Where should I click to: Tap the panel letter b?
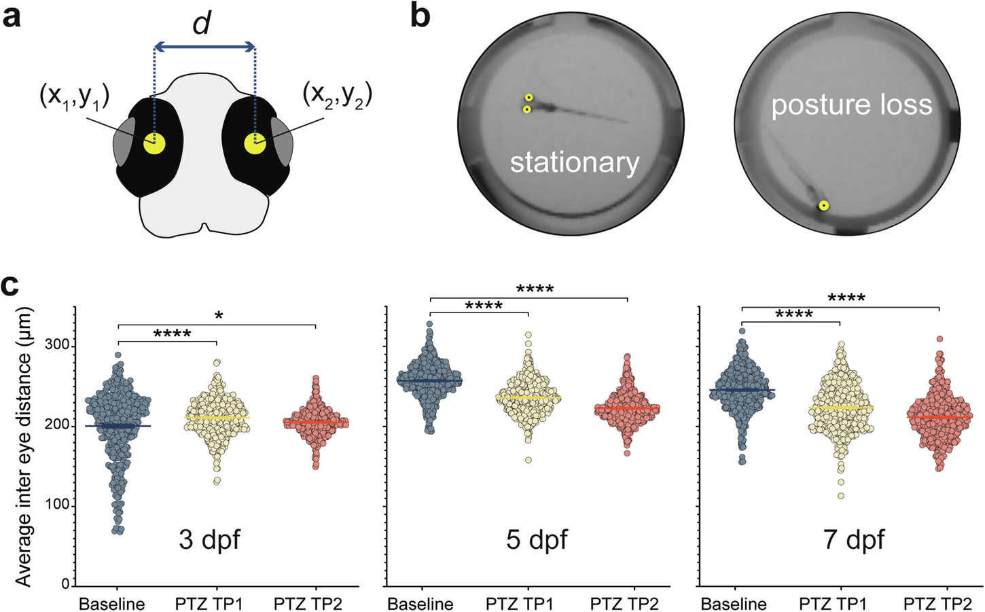click(x=420, y=15)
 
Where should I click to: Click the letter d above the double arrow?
click(x=201, y=24)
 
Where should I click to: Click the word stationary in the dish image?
click(x=575, y=162)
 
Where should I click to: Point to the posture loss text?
click(x=851, y=105)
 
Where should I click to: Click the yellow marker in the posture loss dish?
click(x=823, y=205)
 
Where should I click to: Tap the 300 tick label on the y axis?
click(x=56, y=346)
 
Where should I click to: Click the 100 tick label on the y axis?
click(x=56, y=505)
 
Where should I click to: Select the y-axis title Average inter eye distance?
click(x=24, y=444)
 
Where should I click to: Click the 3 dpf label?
click(x=209, y=540)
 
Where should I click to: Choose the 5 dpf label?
click(x=537, y=540)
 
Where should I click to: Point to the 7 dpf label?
click(x=854, y=540)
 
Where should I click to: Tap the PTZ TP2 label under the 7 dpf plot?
click(x=937, y=604)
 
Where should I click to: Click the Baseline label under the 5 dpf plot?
click(x=420, y=604)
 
